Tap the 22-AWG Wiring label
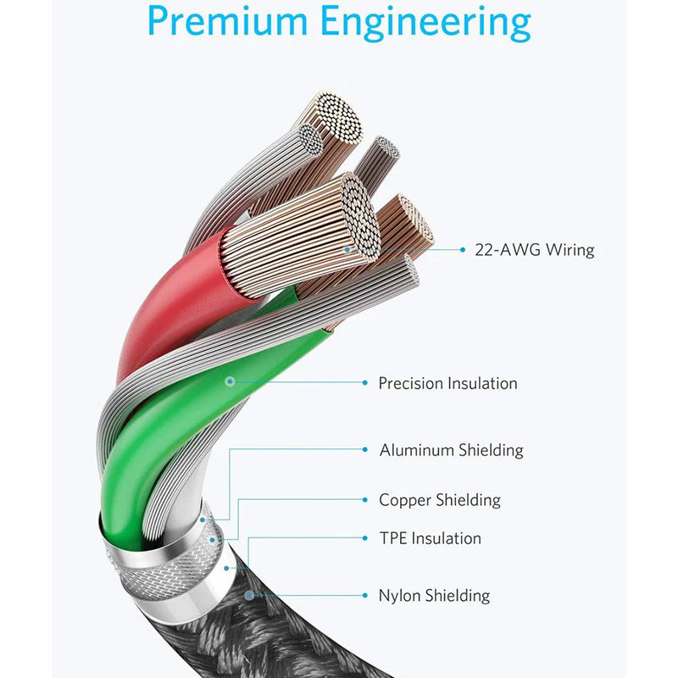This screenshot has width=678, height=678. (x=534, y=250)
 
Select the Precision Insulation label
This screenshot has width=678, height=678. (x=447, y=383)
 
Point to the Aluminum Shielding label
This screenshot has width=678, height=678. (x=451, y=450)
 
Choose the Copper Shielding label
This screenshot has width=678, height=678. (x=439, y=500)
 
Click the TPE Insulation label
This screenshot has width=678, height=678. (x=430, y=538)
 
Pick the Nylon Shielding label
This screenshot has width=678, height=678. (x=434, y=596)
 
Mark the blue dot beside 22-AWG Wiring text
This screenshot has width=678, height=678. (x=463, y=250)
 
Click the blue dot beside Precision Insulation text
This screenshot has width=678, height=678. (x=365, y=383)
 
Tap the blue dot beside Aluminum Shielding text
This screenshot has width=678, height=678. (x=365, y=450)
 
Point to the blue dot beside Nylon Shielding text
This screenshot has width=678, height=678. (x=365, y=596)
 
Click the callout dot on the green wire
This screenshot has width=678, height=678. (x=229, y=382)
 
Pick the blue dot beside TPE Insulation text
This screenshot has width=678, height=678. (x=365, y=538)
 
